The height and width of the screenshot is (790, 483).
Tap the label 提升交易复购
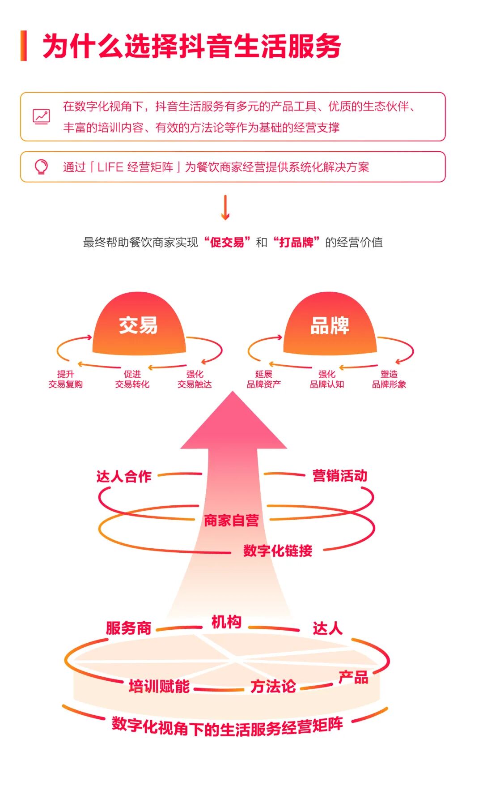[x=66, y=379]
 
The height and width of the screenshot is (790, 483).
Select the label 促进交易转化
[x=132, y=379]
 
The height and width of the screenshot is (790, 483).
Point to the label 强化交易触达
[x=195, y=379]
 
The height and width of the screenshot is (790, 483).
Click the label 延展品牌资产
[x=264, y=379]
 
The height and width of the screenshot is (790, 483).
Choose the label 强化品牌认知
[x=327, y=379]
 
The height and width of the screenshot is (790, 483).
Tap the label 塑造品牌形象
[x=389, y=379]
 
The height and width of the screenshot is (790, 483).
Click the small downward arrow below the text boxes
[x=225, y=208]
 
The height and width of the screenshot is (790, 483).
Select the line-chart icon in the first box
[x=41, y=116]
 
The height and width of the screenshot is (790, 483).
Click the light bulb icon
[x=41, y=167]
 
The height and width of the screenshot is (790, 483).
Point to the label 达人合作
[x=124, y=476]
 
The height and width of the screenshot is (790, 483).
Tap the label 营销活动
[x=340, y=475]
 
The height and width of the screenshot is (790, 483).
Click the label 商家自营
[x=231, y=521]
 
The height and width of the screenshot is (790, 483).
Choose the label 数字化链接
[x=278, y=551]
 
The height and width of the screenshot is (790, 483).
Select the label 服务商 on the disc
[x=129, y=628]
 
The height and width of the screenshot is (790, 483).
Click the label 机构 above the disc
[x=226, y=622]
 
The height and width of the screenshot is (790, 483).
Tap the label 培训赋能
[x=159, y=686]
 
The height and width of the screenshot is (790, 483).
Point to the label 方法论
[x=273, y=686]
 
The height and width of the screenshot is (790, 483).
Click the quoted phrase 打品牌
[x=296, y=243]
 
